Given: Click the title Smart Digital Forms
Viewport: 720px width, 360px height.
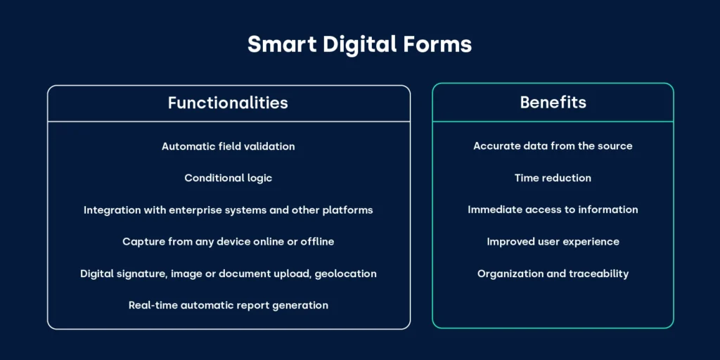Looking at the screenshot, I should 359,45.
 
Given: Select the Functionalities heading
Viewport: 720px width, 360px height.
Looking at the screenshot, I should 228,103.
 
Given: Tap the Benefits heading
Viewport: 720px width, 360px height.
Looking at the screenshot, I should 553,102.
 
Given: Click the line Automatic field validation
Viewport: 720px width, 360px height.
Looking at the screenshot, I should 228,146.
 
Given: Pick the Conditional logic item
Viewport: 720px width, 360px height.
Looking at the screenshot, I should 228,178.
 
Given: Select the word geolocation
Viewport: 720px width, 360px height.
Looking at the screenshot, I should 343,274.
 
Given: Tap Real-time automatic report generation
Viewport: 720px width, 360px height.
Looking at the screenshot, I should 228,305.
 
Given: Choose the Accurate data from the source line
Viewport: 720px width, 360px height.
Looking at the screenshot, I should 553,146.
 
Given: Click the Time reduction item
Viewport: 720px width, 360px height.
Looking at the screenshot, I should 553,178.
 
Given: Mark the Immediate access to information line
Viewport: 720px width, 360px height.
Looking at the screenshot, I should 553,210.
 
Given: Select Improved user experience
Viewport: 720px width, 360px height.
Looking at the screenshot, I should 553,241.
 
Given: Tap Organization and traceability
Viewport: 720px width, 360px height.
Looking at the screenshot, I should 553,274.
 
